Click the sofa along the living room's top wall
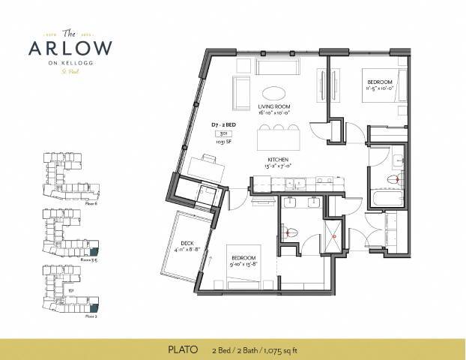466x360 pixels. tap(278, 67)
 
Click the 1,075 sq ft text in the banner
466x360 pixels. tap(284, 349)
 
